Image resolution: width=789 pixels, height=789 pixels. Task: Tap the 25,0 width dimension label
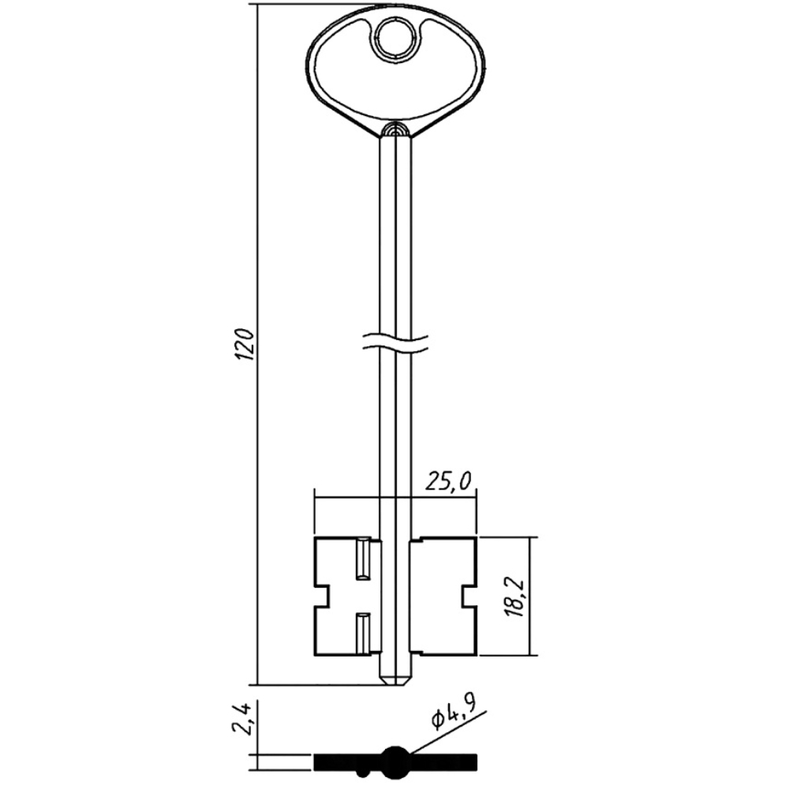tap(447, 481)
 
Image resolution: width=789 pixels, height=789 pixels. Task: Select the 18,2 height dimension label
tap(516, 598)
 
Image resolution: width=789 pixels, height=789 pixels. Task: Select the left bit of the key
tap(346, 596)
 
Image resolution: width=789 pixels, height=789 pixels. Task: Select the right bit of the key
tap(443, 596)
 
